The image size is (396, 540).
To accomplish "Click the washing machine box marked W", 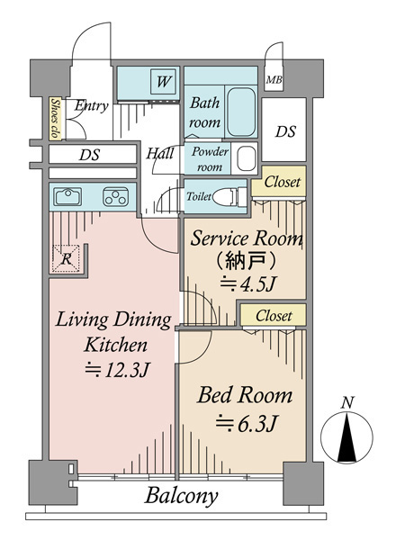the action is click(163, 82).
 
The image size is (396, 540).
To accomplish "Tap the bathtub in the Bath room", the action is click(241, 112).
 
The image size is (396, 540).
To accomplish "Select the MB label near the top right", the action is click(274, 80).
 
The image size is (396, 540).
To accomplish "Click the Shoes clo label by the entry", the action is click(55, 119).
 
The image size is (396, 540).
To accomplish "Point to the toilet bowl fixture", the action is click(229, 197).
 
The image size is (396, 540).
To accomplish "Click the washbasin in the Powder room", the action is click(247, 158).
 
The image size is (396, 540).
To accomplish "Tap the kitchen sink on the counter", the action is click(67, 196).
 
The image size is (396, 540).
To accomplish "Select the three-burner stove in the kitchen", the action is click(116, 196).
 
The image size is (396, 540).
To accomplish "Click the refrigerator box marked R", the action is click(66, 258).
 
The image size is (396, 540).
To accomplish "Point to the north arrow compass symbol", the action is click(346, 436).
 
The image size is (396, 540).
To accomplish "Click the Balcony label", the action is click(181, 496).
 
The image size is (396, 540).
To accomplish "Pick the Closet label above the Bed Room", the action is click(274, 316).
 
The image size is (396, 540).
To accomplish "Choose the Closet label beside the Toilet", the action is click(282, 182).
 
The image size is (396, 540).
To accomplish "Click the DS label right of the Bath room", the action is click(285, 131).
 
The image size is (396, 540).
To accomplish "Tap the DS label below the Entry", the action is click(89, 155).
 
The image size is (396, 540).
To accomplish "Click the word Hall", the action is click(160, 153).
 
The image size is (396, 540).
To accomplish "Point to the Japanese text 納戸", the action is click(246, 260).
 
